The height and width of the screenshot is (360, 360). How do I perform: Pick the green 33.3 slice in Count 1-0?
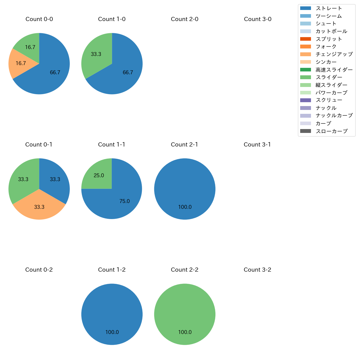(x=96, y=54)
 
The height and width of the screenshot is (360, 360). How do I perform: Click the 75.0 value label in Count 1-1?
(x=125, y=201)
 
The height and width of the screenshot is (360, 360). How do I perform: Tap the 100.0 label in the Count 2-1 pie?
(x=185, y=207)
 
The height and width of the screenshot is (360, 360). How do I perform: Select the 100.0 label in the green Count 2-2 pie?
(x=185, y=332)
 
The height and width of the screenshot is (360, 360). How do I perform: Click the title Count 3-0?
(x=258, y=19)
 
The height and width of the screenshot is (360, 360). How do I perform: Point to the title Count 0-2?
(x=39, y=270)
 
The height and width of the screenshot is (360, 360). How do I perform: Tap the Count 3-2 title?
(x=258, y=270)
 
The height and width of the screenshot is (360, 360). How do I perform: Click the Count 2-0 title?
(x=185, y=19)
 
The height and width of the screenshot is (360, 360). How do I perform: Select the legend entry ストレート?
(x=329, y=8)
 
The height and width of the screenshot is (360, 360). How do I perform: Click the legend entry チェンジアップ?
(x=334, y=54)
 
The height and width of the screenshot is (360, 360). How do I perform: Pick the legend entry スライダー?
(x=329, y=77)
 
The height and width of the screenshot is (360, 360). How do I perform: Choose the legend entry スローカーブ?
(x=331, y=131)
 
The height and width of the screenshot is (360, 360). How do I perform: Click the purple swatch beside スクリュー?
(x=305, y=100)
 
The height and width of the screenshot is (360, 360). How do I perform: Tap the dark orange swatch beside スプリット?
(x=305, y=39)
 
